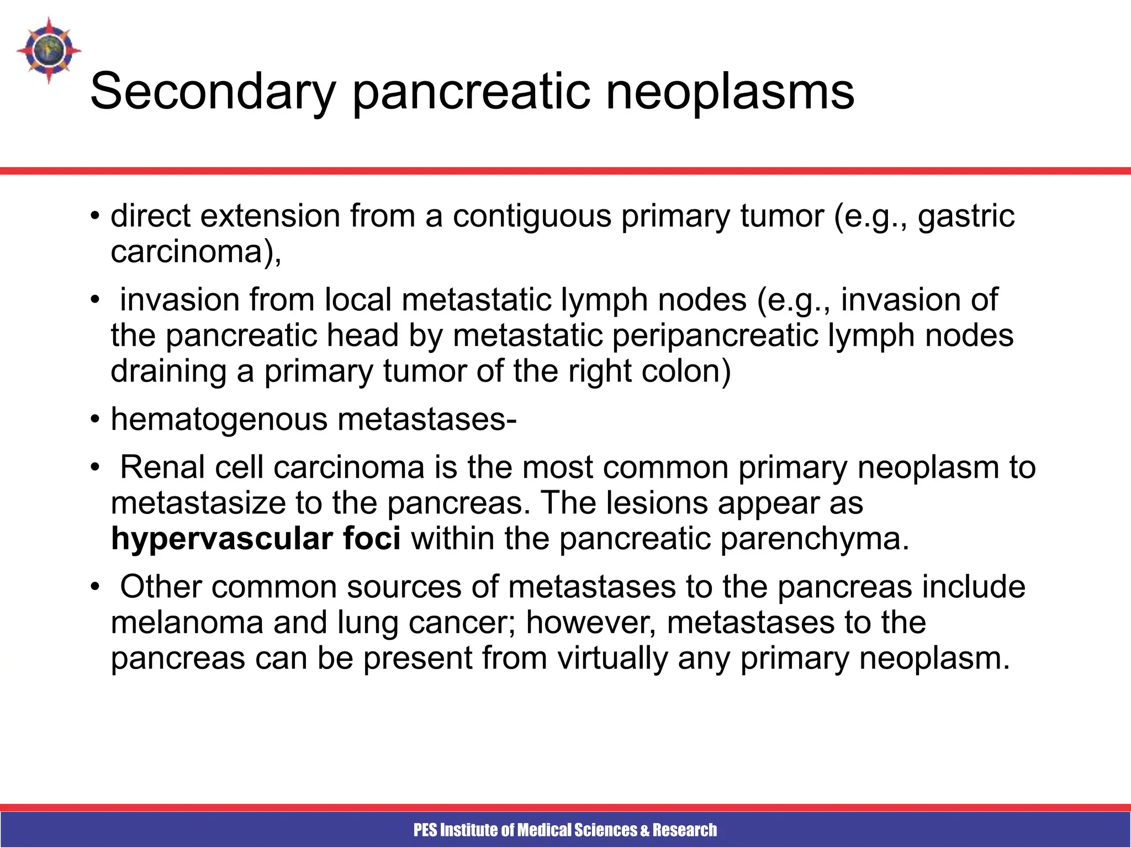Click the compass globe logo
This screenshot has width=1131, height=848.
coord(49,50)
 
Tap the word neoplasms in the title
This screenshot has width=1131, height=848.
coord(730,92)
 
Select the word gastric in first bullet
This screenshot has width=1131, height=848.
coord(966,216)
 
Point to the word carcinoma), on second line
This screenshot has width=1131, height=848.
coord(196,252)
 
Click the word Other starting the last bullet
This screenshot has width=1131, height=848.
coord(161,587)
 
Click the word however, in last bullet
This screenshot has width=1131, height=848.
coord(591,623)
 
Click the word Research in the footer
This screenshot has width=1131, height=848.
coord(685,830)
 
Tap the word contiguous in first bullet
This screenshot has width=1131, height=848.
coord(532,216)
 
